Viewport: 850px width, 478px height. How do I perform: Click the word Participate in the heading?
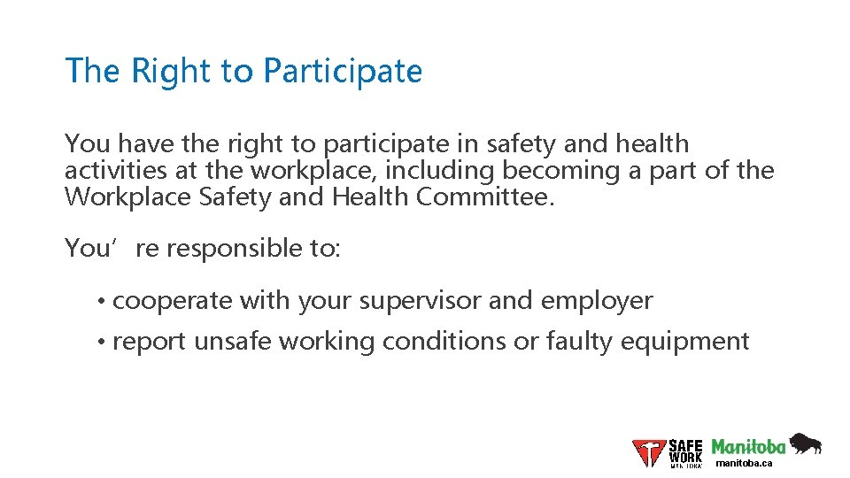[343, 72]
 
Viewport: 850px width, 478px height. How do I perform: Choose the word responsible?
[240, 249]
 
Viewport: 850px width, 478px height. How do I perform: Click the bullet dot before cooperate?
[104, 302]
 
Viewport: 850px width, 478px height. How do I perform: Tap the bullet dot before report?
[104, 342]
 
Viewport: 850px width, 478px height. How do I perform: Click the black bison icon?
[805, 443]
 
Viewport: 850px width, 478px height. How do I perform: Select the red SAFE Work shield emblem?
[648, 453]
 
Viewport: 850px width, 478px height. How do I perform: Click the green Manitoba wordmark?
[748, 446]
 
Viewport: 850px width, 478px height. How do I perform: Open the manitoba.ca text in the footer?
[744, 463]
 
